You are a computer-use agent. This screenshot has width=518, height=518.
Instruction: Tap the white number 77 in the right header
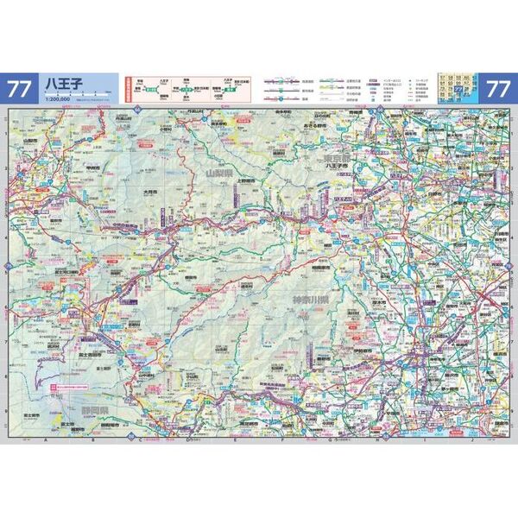click(498, 88)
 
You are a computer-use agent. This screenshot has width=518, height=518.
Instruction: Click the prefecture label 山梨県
click(219, 173)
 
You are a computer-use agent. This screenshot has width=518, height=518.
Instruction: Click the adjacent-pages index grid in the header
click(452, 87)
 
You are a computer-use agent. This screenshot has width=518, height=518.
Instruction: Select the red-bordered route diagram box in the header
click(186, 88)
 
